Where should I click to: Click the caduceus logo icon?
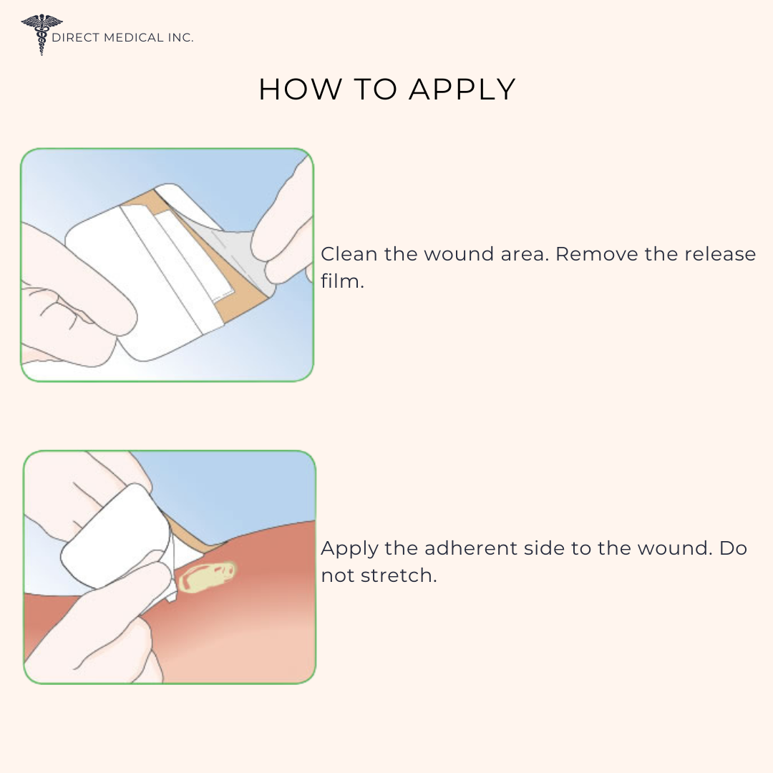tap(42, 34)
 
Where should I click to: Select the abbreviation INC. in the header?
tap(180, 37)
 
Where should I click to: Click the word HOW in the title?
tap(300, 89)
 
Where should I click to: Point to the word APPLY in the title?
tap(462, 89)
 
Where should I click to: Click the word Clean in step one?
tap(349, 254)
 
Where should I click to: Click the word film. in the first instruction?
tap(342, 281)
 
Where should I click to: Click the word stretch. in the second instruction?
tap(399, 575)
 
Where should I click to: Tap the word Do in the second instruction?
tap(733, 548)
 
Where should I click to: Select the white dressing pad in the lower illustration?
tap(116, 535)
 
